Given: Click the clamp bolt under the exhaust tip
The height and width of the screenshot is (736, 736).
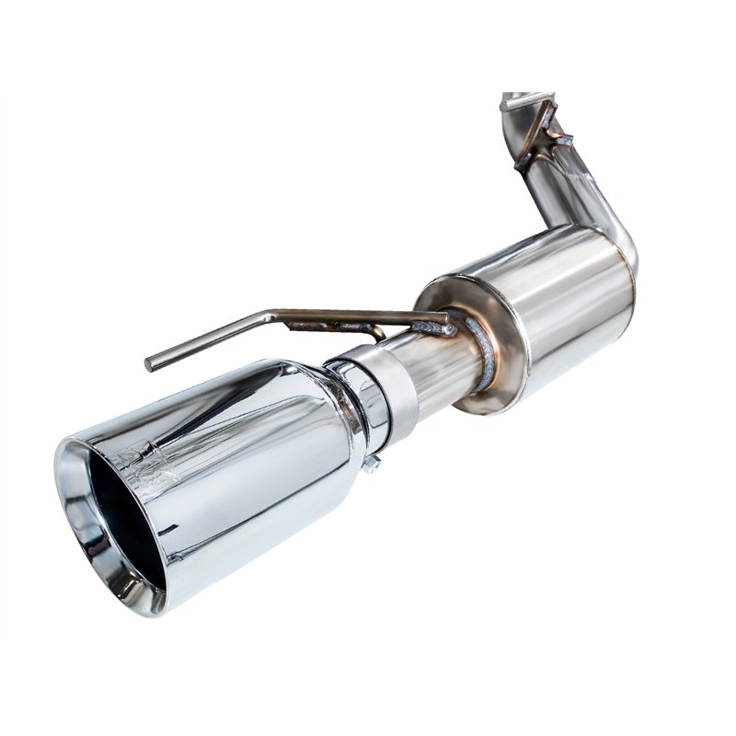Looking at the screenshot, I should tap(371, 464).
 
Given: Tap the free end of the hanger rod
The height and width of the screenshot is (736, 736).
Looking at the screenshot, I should tap(150, 363).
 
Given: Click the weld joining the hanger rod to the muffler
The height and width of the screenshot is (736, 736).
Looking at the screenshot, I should tap(432, 324).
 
